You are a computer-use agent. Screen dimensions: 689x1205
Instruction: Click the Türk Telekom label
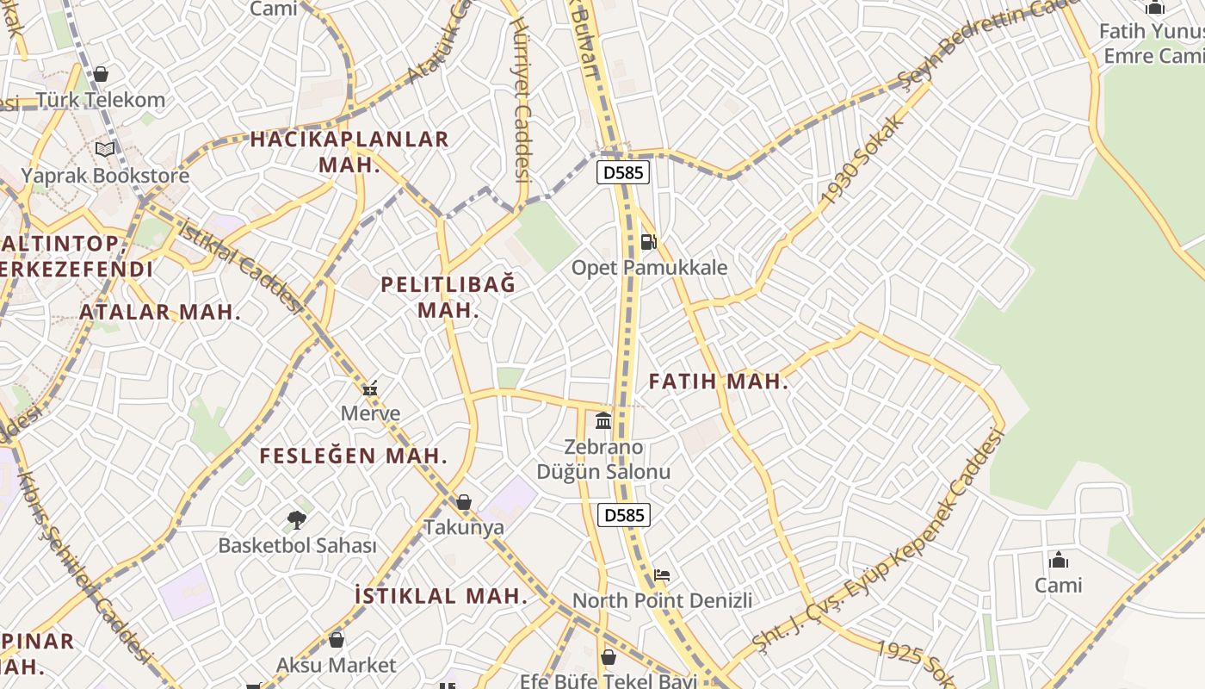coord(101,100)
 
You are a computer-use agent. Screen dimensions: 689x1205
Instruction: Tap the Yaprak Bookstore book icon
coord(105,150)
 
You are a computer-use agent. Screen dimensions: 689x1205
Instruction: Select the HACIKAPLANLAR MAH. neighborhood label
coord(349,152)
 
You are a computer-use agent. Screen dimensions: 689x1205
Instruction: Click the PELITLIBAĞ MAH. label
coord(448,297)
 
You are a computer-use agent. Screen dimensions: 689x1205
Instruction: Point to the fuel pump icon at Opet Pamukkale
coord(649,242)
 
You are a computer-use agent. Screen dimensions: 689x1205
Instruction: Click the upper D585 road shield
coord(623,172)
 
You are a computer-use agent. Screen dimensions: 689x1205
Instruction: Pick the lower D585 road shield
coord(624,515)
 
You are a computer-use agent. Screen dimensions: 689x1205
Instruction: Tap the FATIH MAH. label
coord(719,382)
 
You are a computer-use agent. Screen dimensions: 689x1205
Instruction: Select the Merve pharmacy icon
coord(370,388)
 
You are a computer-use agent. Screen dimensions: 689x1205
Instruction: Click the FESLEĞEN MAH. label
coord(354,456)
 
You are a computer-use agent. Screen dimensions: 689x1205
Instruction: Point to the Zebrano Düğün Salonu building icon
coord(603,421)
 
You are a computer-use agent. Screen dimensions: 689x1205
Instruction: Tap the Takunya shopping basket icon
coord(464,502)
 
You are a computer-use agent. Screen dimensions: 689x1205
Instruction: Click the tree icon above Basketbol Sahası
coord(297,519)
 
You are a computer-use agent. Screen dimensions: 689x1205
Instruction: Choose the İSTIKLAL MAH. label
coord(441,595)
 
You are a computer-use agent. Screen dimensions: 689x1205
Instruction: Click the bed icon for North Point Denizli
coord(662,575)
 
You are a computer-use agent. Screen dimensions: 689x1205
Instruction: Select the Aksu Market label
coord(336,665)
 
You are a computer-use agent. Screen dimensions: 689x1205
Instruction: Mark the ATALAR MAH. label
coord(160,312)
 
